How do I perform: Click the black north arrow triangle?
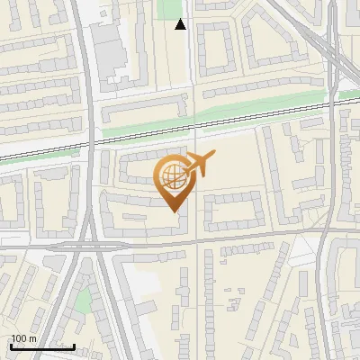[181, 24]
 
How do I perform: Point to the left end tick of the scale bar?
[10, 346]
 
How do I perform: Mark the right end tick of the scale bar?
[74, 346]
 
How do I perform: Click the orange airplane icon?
[199, 163]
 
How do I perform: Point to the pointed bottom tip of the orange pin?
[173, 211]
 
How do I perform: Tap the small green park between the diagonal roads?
[83, 300]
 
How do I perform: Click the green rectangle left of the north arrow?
[167, 9]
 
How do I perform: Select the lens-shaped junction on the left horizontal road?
[94, 245]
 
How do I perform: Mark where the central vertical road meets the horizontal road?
[197, 239]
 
